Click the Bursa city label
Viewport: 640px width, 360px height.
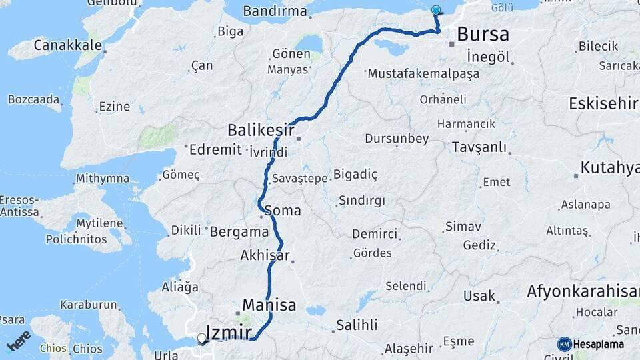coord(483,34)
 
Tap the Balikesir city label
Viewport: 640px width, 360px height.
coord(258,129)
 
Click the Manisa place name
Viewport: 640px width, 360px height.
coord(269,305)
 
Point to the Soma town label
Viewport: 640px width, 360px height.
coord(283,211)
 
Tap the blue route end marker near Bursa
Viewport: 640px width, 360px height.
coord(436,10)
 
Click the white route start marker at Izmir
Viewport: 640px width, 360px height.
coord(201,338)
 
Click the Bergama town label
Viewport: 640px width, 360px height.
coord(239,232)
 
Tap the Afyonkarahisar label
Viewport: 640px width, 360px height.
coord(583,291)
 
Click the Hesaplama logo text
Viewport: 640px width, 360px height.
coord(599,345)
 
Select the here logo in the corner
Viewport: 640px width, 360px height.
coord(19,341)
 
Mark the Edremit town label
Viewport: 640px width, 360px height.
coord(215,149)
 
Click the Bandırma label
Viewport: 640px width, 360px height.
coord(275,11)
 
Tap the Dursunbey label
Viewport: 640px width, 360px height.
coord(397,139)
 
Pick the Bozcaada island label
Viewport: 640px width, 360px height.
coord(34,99)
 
